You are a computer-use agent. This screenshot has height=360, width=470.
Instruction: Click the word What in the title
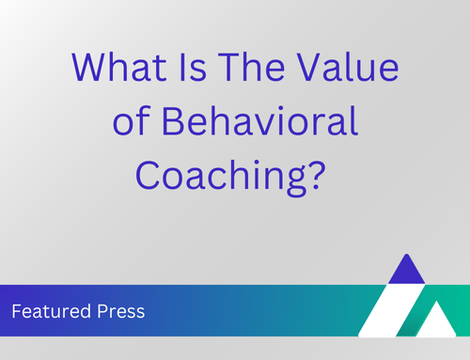coord(119,68)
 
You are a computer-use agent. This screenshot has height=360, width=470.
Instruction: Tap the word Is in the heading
coord(193,68)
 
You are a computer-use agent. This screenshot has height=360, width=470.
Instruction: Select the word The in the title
coord(252,68)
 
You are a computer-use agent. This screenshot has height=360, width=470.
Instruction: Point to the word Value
coord(348,68)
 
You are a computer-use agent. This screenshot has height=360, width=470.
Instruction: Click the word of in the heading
coord(132,120)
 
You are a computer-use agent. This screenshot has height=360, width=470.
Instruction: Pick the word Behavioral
coord(259,120)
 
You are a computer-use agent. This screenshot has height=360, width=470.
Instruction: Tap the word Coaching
coord(221,176)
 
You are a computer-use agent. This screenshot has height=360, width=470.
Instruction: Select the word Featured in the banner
coord(52,311)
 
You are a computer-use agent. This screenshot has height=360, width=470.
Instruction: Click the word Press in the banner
coord(121,311)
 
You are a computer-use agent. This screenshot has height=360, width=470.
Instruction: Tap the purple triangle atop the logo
coord(407,269)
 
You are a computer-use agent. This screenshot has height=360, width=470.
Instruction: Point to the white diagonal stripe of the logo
coord(388,310)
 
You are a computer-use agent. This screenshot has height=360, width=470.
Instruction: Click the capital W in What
coord(87,68)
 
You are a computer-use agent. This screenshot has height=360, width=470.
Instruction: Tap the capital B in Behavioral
coord(172,120)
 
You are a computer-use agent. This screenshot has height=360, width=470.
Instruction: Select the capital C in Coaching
coord(147,175)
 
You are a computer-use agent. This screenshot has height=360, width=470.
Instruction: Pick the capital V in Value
coord(309,68)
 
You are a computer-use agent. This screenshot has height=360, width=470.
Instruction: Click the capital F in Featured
coord(16,311)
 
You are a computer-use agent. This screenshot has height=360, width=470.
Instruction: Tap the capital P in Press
coord(102,311)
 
